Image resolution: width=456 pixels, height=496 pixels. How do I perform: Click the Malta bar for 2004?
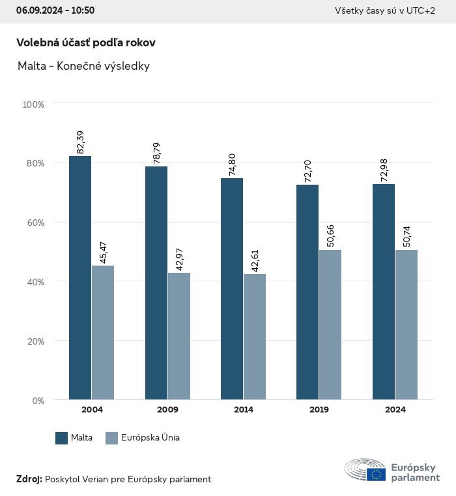[80, 277]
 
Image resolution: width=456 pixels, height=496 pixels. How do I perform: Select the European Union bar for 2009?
[178, 336]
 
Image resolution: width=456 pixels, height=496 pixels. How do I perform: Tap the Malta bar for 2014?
[232, 288]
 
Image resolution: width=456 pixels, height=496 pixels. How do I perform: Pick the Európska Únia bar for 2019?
[330, 324]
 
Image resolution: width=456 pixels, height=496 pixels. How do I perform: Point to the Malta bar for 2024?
[384, 292]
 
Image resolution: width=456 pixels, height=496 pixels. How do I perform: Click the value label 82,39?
[81, 142]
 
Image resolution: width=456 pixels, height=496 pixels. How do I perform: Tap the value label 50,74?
[406, 236]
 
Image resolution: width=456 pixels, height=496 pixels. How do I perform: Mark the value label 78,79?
[156, 153]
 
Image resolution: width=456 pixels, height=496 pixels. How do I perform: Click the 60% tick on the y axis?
[34, 223]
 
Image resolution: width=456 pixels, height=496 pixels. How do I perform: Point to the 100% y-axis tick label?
[33, 104]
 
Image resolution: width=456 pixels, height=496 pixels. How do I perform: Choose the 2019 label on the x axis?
[319, 410]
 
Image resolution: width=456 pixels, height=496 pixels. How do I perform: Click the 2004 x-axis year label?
[92, 410]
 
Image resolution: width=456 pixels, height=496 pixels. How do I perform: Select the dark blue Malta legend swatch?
[62, 438]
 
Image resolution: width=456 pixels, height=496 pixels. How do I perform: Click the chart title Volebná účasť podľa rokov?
[85, 42]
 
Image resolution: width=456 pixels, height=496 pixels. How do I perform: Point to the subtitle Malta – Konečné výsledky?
[83, 67]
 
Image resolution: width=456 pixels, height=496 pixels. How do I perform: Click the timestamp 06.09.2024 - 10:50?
[55, 10]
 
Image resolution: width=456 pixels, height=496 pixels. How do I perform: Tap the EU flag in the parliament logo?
[376, 474]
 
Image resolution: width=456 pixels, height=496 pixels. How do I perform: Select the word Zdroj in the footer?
[29, 480]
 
